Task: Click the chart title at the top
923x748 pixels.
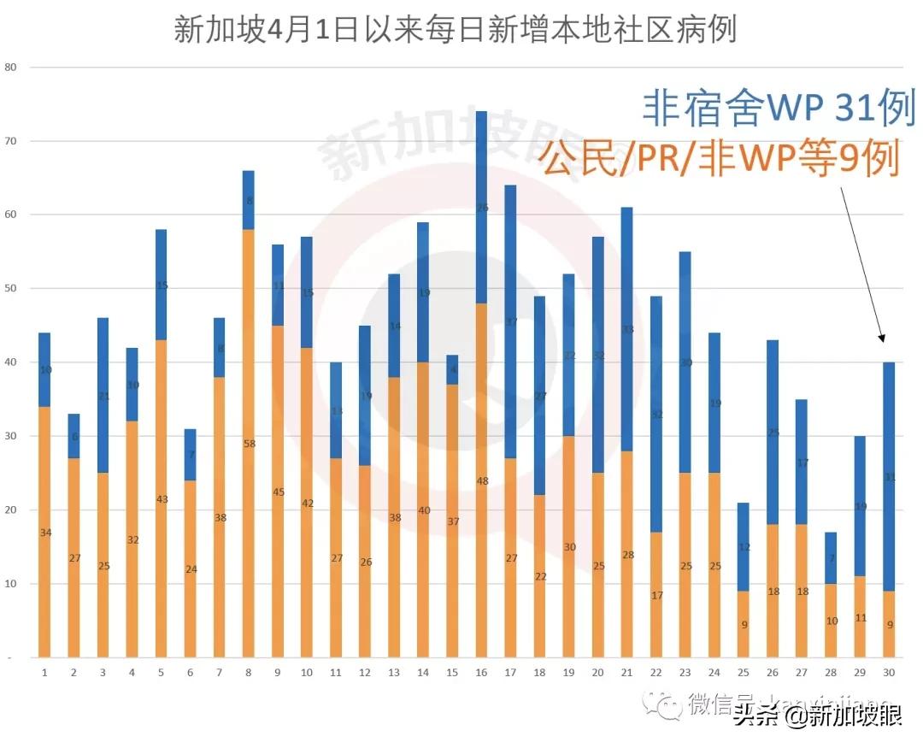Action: pos(455,31)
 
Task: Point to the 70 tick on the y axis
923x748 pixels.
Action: pos(11,141)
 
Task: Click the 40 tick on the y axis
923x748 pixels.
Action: pos(11,362)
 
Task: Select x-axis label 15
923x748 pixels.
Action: pos(452,673)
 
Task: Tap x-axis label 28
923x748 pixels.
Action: pos(831,673)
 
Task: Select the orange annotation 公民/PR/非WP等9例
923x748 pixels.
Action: pos(720,159)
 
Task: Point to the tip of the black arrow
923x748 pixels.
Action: pos(883,342)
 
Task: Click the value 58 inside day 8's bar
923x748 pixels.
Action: pos(249,444)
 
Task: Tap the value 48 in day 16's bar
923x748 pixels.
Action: pos(481,481)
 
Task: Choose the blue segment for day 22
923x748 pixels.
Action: pos(656,415)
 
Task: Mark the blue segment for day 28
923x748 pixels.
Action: pos(831,557)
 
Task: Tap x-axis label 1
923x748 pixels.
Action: pos(44,673)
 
